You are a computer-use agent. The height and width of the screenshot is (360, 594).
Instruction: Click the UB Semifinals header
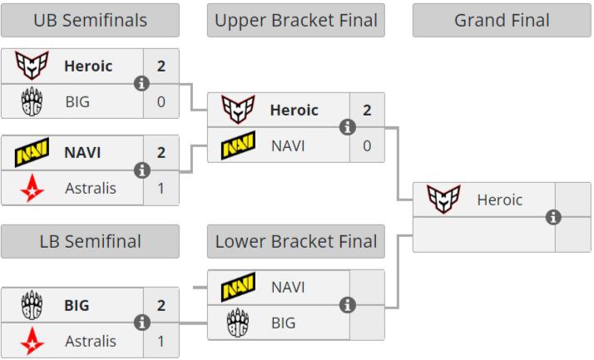[x=90, y=20]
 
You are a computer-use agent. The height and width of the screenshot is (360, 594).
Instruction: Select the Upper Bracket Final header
[x=295, y=20]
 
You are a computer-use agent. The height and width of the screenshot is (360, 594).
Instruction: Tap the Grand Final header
[x=502, y=20]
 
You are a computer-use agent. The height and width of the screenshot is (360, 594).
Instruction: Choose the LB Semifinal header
[x=90, y=241]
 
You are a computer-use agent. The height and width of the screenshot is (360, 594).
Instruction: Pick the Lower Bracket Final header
[x=295, y=241]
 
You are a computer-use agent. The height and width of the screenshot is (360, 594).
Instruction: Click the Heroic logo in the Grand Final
[x=443, y=200]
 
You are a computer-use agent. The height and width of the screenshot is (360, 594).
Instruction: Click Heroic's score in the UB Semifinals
[x=161, y=66]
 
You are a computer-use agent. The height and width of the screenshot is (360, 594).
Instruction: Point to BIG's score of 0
[x=161, y=101]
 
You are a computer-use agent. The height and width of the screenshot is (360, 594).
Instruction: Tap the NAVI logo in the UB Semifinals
[x=32, y=153]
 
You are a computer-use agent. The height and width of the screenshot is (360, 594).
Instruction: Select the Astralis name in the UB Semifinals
[x=91, y=188]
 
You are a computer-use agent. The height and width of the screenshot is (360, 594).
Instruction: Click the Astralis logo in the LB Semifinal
[x=32, y=340]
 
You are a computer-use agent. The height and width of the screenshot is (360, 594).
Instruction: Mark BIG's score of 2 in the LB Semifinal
[x=161, y=305]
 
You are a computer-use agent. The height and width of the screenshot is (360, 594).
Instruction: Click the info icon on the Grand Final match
[x=553, y=217]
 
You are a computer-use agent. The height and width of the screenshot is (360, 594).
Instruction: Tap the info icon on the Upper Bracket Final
[x=348, y=127]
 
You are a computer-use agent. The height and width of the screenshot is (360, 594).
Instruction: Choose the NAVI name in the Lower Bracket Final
[x=288, y=287]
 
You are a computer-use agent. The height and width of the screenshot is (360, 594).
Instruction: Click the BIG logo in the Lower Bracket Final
[x=238, y=323]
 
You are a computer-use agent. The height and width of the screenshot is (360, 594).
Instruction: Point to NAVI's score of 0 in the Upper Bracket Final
[x=367, y=145]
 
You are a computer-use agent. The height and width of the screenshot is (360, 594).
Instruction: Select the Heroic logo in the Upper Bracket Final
[x=238, y=110]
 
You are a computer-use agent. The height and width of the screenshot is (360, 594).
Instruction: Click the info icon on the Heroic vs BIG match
[x=141, y=83]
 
